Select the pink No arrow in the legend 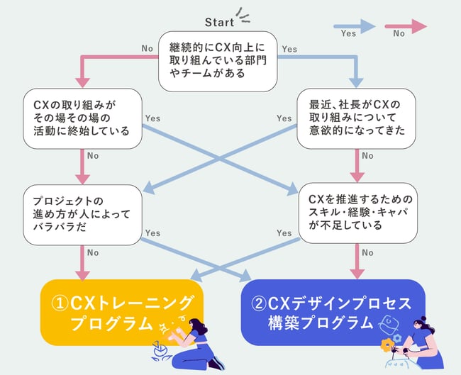point(405,26)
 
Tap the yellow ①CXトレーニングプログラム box point(122,313)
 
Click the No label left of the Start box point(148,49)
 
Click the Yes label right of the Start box point(289,49)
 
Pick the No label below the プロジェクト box point(92,252)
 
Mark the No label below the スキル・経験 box point(367,252)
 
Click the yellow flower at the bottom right point(387,346)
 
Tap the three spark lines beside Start point(245,16)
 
